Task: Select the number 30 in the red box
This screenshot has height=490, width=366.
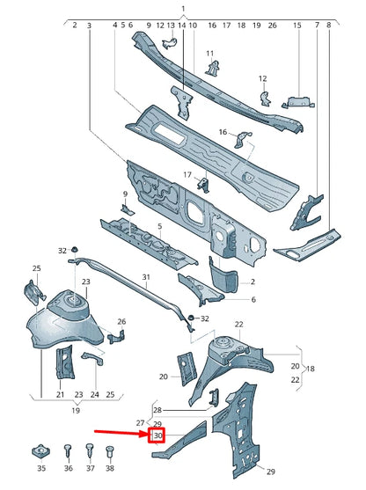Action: click(x=158, y=435)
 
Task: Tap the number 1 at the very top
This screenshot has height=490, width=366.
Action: click(x=183, y=8)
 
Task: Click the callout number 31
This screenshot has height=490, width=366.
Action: click(x=147, y=277)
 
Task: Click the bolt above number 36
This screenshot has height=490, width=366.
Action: click(x=68, y=452)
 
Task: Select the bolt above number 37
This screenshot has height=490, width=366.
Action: click(x=89, y=452)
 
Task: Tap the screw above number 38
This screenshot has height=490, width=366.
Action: click(x=110, y=452)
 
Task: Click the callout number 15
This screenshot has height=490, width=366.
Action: click(x=296, y=26)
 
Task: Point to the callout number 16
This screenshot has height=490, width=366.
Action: click(x=223, y=132)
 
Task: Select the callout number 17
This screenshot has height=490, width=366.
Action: click(x=187, y=174)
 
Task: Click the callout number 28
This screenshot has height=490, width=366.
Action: click(x=157, y=410)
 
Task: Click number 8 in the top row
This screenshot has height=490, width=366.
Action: click(x=329, y=26)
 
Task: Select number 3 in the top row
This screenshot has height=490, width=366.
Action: click(x=89, y=26)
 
